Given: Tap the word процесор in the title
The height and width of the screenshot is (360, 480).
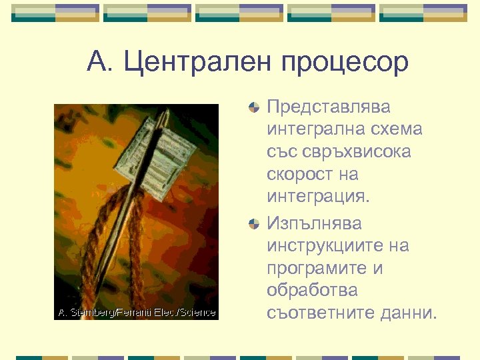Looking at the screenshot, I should point(345,63).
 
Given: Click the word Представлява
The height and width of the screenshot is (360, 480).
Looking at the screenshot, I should point(329,107).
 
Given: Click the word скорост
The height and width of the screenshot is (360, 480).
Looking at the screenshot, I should point(301,175).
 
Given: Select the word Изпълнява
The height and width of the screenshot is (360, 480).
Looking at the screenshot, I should point(314,222).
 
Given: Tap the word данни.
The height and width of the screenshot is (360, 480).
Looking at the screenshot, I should point(413,313).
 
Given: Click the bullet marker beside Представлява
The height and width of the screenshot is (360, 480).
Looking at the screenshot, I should point(253,107).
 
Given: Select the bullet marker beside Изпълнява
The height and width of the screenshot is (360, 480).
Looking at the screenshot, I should point(253,223).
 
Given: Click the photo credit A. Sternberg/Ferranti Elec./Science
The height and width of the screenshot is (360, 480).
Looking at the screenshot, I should point(137,313).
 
